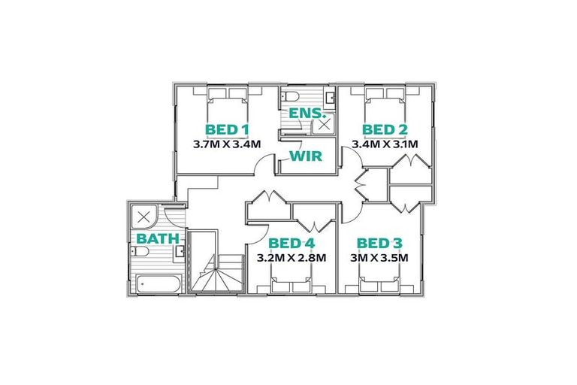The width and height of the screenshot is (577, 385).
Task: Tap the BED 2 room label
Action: (385, 128)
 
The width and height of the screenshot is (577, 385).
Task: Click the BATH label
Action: (157, 238)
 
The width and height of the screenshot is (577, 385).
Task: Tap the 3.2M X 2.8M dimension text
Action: (292, 257)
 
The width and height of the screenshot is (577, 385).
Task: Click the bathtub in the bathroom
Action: (158, 284)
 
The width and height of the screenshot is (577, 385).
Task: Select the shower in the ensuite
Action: (325, 125)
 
